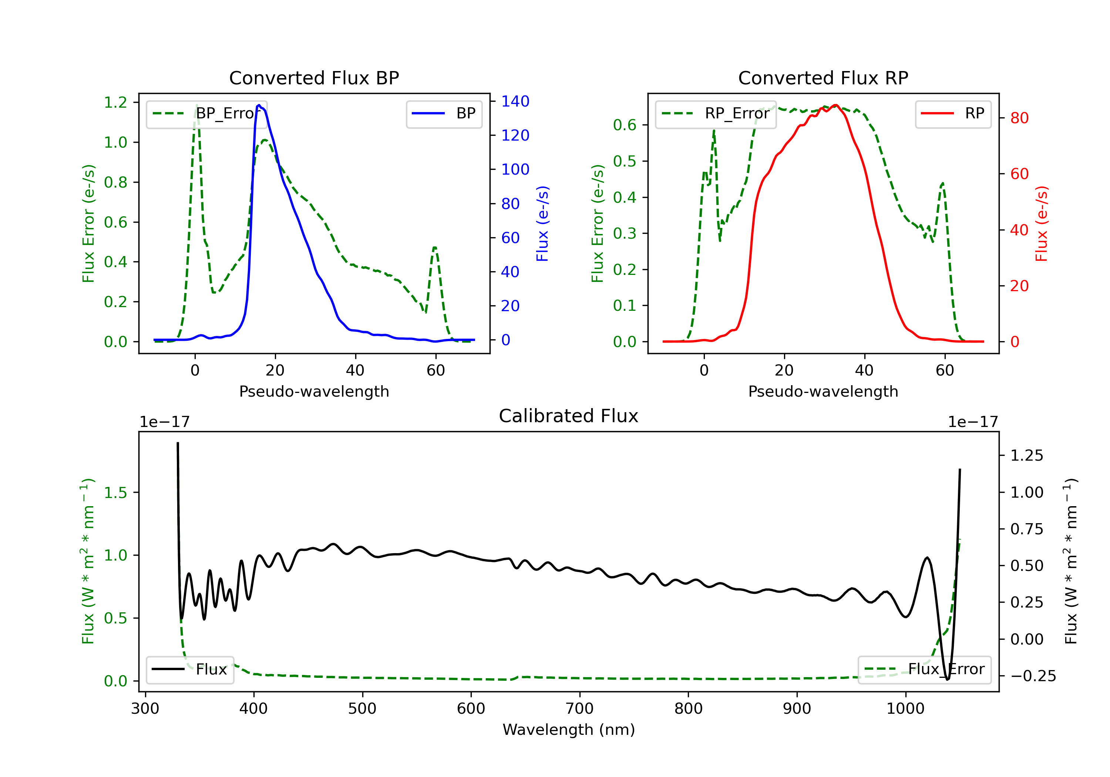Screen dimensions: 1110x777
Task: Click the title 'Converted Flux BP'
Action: coord(314,78)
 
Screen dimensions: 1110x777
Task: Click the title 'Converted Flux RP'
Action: coord(823,78)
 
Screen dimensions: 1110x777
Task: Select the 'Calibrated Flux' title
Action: coord(569,416)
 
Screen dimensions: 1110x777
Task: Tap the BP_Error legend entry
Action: coord(206,114)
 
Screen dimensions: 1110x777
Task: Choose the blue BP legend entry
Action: coord(444,114)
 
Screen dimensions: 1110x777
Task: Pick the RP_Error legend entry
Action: coord(716,114)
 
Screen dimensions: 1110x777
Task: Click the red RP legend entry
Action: coord(953,114)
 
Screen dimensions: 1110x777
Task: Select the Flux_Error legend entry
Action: coord(924,670)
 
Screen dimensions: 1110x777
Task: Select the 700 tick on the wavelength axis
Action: coord(580,709)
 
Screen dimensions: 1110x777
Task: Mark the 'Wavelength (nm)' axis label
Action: coord(569,730)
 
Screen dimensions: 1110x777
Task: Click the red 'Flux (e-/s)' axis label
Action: coord(1041,224)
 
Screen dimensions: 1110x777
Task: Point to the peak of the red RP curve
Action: coord(836,105)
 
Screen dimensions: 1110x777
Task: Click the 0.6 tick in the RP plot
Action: coord(625,125)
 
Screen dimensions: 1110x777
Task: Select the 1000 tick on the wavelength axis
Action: coord(905,709)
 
